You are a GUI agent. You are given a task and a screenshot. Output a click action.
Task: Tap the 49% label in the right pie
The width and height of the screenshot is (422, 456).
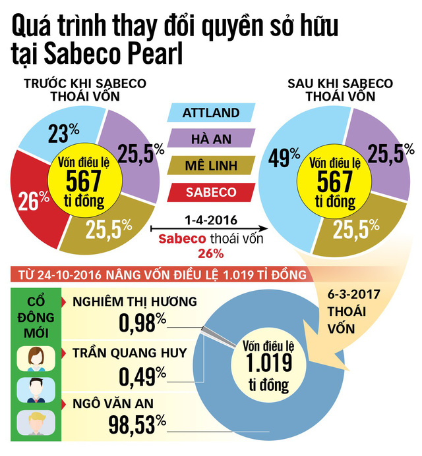click(283, 158)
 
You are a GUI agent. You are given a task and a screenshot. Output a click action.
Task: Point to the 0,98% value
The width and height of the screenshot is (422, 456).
click(142, 323)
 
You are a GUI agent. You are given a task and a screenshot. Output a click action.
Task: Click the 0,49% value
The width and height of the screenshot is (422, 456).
click(142, 375)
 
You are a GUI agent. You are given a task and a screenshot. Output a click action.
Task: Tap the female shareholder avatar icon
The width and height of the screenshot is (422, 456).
click(35, 359)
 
